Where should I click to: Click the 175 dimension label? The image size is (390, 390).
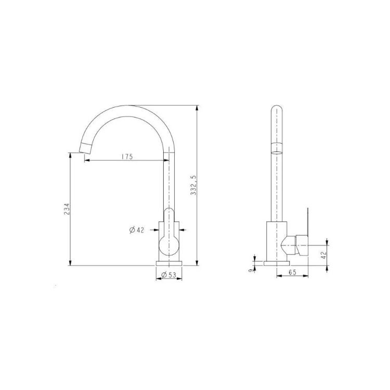coord(125,156)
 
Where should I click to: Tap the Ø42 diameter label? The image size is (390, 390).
coord(136,229)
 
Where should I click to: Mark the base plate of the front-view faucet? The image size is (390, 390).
coord(170,263)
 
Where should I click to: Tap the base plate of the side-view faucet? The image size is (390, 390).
coord(276,263)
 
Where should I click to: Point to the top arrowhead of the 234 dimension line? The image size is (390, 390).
coord(70,154)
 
